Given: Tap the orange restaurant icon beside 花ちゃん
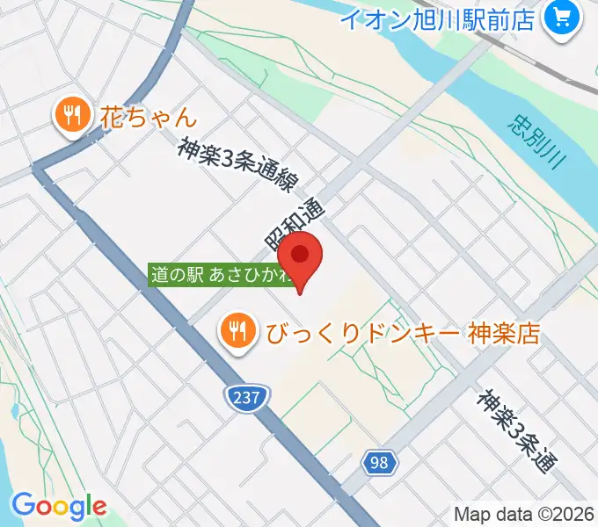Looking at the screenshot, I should [71, 115].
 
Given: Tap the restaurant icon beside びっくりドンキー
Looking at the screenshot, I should [237, 330].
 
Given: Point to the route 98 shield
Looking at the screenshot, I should [378, 462].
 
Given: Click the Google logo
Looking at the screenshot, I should [59, 506].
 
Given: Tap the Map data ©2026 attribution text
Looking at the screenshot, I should [524, 515].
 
